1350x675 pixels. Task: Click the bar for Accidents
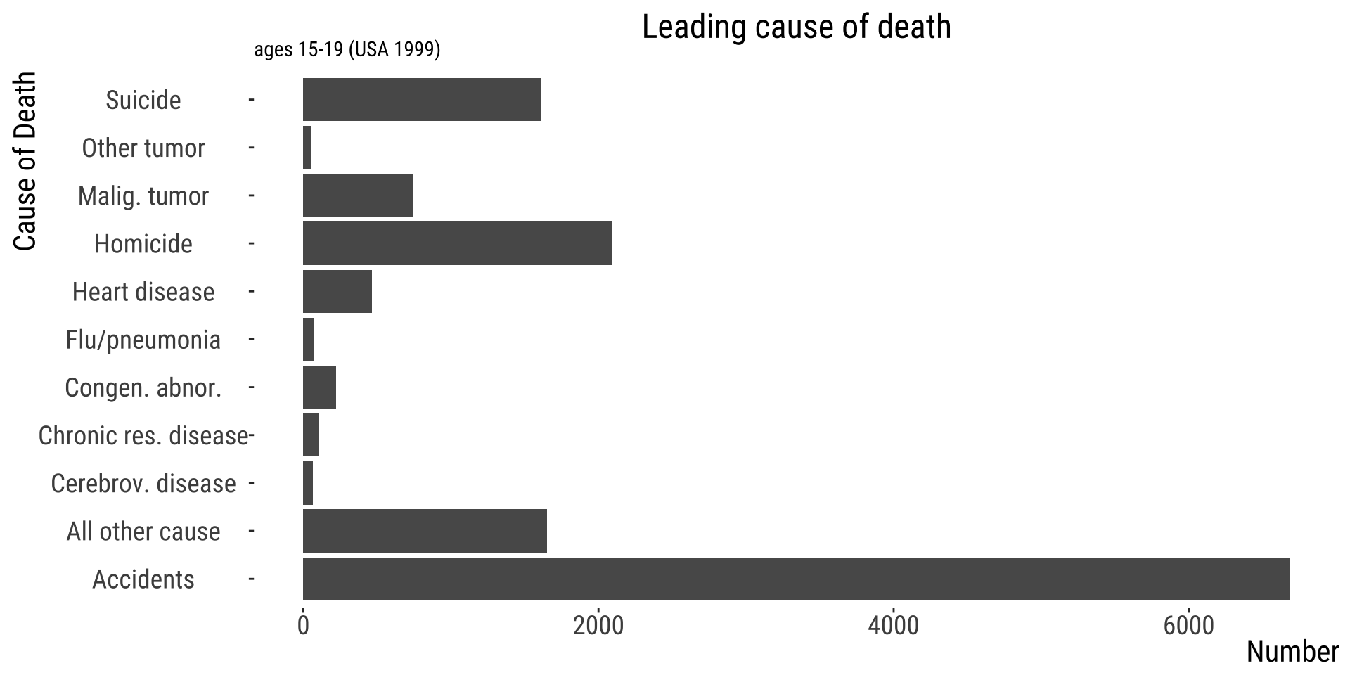pyautogui.click(x=796, y=579)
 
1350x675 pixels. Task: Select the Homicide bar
pyautogui.click(x=457, y=243)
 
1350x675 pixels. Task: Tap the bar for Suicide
pyautogui.click(x=422, y=100)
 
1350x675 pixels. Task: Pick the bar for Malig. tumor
pyautogui.click(x=358, y=195)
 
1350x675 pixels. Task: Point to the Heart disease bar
pyautogui.click(x=337, y=291)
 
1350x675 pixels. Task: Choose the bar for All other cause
pyautogui.click(x=425, y=531)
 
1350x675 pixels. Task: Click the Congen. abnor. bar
pyautogui.click(x=319, y=387)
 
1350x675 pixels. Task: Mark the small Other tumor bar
pyautogui.click(x=307, y=148)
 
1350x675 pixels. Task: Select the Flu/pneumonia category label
pyautogui.click(x=143, y=340)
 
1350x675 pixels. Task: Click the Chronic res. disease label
pyautogui.click(x=143, y=436)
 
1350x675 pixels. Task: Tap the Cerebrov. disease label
pyautogui.click(x=143, y=484)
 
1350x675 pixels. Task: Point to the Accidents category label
pyautogui.click(x=143, y=579)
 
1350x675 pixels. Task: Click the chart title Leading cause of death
pyautogui.click(x=796, y=27)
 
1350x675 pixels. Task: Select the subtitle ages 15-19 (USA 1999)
pyautogui.click(x=347, y=50)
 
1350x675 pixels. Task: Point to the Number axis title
pyautogui.click(x=1292, y=652)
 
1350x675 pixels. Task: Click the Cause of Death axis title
pyautogui.click(x=25, y=160)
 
